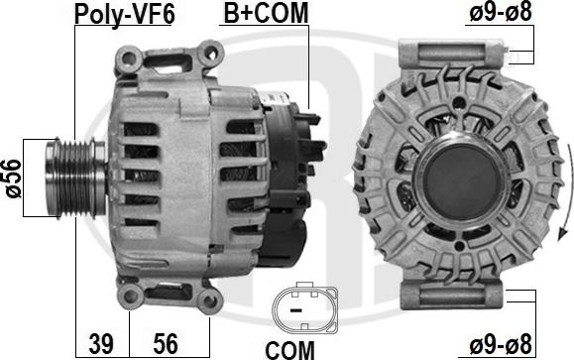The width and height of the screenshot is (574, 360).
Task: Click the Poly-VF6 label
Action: (x=125, y=14)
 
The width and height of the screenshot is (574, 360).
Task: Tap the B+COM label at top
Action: (x=266, y=13)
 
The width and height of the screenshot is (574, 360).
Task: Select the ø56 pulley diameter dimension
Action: (x=14, y=178)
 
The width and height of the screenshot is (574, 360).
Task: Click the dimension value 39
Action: (x=101, y=343)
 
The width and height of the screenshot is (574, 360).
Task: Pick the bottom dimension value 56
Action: (x=166, y=343)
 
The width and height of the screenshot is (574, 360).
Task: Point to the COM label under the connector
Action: (x=289, y=350)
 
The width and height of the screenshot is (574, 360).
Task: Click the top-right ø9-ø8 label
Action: (x=501, y=13)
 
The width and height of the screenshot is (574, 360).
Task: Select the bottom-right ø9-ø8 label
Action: (x=501, y=344)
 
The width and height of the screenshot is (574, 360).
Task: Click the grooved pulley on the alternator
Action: (x=75, y=178)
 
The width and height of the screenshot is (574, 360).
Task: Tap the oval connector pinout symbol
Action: (x=305, y=309)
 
